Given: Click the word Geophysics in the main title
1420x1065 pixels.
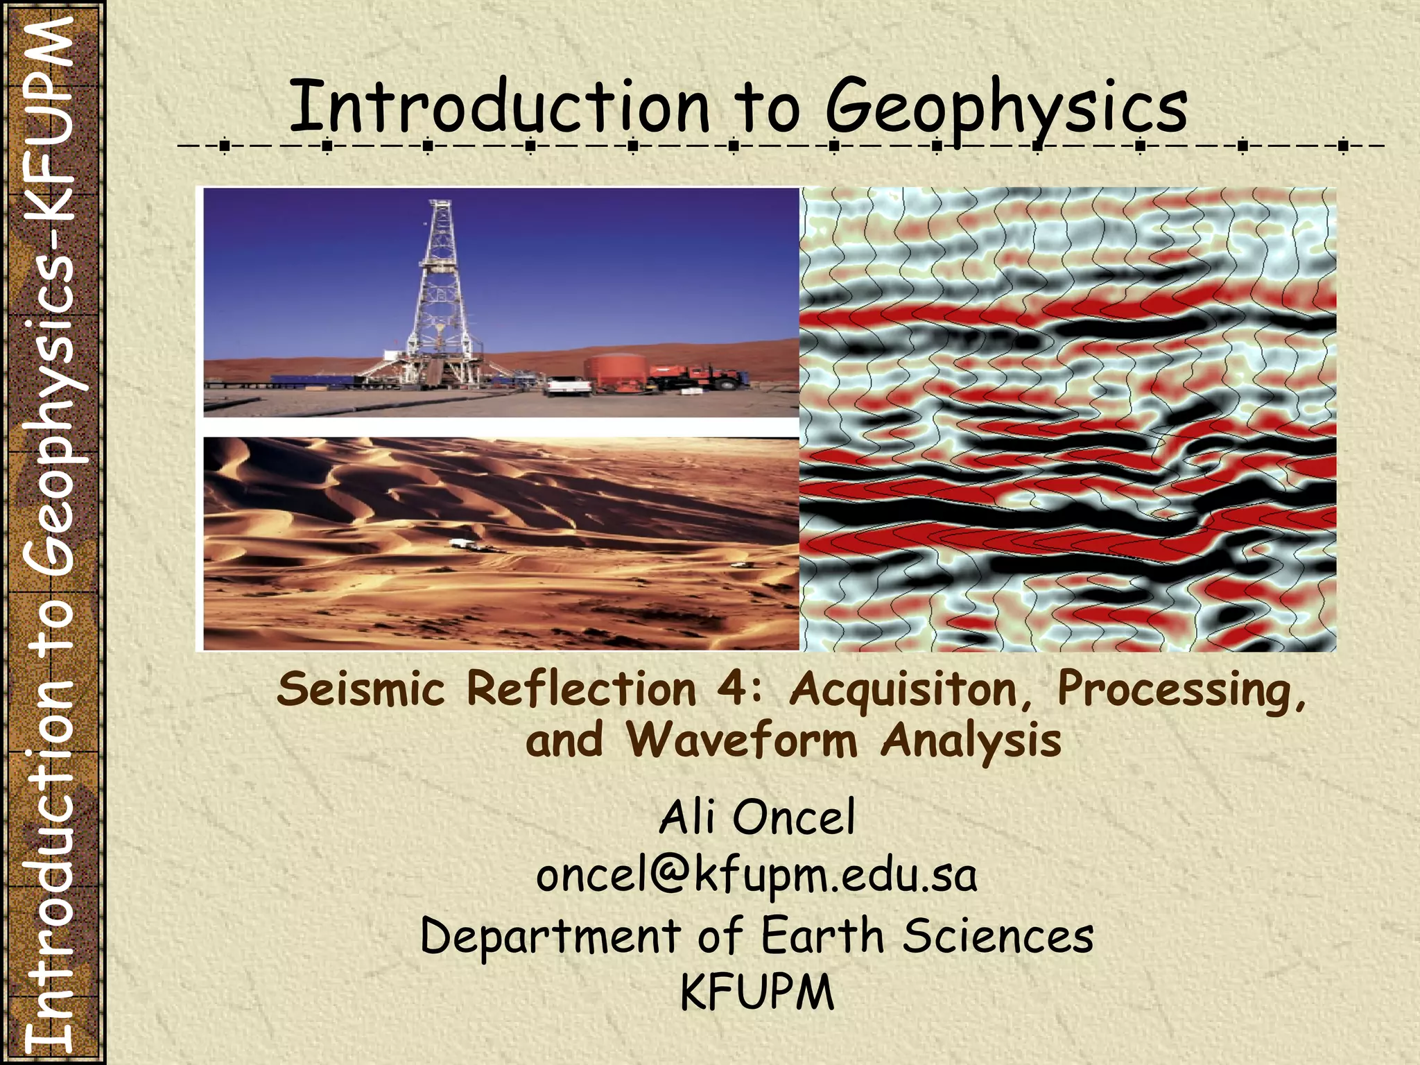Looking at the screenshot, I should coord(1006,108).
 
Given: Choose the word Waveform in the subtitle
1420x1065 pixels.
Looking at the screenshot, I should coord(742,741).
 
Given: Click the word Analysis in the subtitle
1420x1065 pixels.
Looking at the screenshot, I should coord(971,741).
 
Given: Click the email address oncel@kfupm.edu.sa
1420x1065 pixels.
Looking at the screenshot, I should coord(757,876).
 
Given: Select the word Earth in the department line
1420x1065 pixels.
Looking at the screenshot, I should coord(822,936).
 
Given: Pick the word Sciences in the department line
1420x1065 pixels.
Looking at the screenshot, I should coord(998,936).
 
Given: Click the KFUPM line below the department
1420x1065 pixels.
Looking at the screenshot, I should coord(757,993).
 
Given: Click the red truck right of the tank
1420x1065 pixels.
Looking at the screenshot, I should coord(700,377).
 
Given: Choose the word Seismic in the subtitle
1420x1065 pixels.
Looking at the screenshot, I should coord(361,691).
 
